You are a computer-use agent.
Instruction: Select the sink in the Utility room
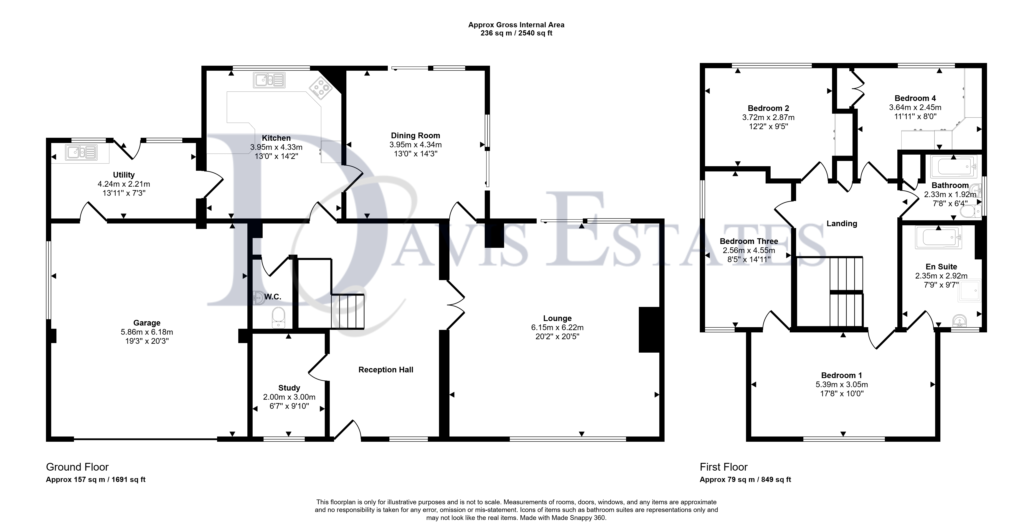pos(82,153)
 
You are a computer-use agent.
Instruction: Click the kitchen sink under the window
pos(269,80)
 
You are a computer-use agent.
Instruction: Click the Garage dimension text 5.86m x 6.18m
pos(147,332)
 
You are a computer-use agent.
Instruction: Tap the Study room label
pos(289,388)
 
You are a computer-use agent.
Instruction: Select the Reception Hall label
pos(386,370)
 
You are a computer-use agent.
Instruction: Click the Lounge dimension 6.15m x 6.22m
pos(557,328)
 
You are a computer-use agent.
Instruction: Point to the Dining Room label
pos(415,136)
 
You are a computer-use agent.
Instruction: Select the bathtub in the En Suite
pos(938,238)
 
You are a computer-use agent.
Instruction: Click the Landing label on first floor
pos(842,223)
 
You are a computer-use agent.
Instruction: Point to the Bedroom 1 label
pos(841,375)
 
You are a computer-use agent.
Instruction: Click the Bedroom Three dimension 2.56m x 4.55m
pos(749,250)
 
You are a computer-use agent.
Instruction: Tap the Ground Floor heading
pos(77,467)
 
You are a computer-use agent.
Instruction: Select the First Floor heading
pos(724,467)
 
